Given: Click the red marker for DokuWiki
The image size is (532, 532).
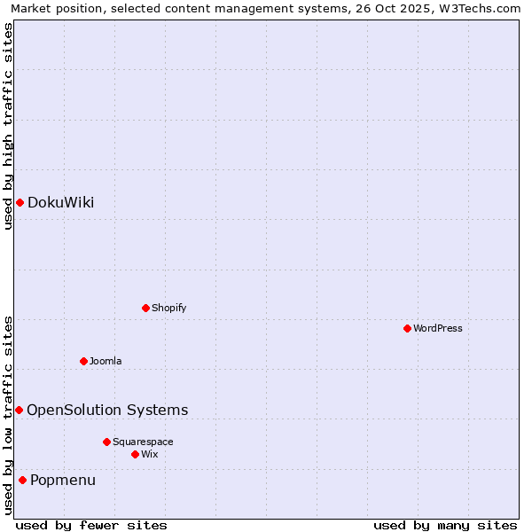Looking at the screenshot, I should tap(20, 203).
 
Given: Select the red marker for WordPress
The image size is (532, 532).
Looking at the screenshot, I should tap(407, 328).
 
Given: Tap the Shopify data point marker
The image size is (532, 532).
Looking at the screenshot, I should tap(145, 308).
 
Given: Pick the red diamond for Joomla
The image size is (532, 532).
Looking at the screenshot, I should tap(83, 361).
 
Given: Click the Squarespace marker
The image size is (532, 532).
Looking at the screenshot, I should tap(106, 442).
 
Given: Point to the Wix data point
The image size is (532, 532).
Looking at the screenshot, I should tap(135, 454).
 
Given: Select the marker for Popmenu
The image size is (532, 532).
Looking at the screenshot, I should tap(22, 481).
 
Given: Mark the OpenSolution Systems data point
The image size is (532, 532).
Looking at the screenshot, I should tap(19, 410).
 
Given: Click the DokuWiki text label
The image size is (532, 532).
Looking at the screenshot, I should tap(60, 203).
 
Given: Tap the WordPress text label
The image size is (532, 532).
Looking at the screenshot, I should tap(438, 328).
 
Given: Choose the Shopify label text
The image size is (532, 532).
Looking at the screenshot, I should tap(169, 308).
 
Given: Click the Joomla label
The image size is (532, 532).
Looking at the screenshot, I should tap(106, 361).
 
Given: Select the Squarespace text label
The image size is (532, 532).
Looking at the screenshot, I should tap(143, 442).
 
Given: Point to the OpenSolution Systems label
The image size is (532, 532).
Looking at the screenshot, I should tap(107, 410).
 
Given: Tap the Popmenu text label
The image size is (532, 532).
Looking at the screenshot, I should tap(63, 481).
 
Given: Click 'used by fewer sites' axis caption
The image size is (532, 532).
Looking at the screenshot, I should tap(91, 525).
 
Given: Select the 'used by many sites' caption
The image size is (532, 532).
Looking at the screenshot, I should tap(445, 525).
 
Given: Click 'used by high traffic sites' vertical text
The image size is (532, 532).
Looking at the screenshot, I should tap(8, 126).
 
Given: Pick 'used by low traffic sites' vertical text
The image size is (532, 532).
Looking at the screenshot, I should tap(8, 415).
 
